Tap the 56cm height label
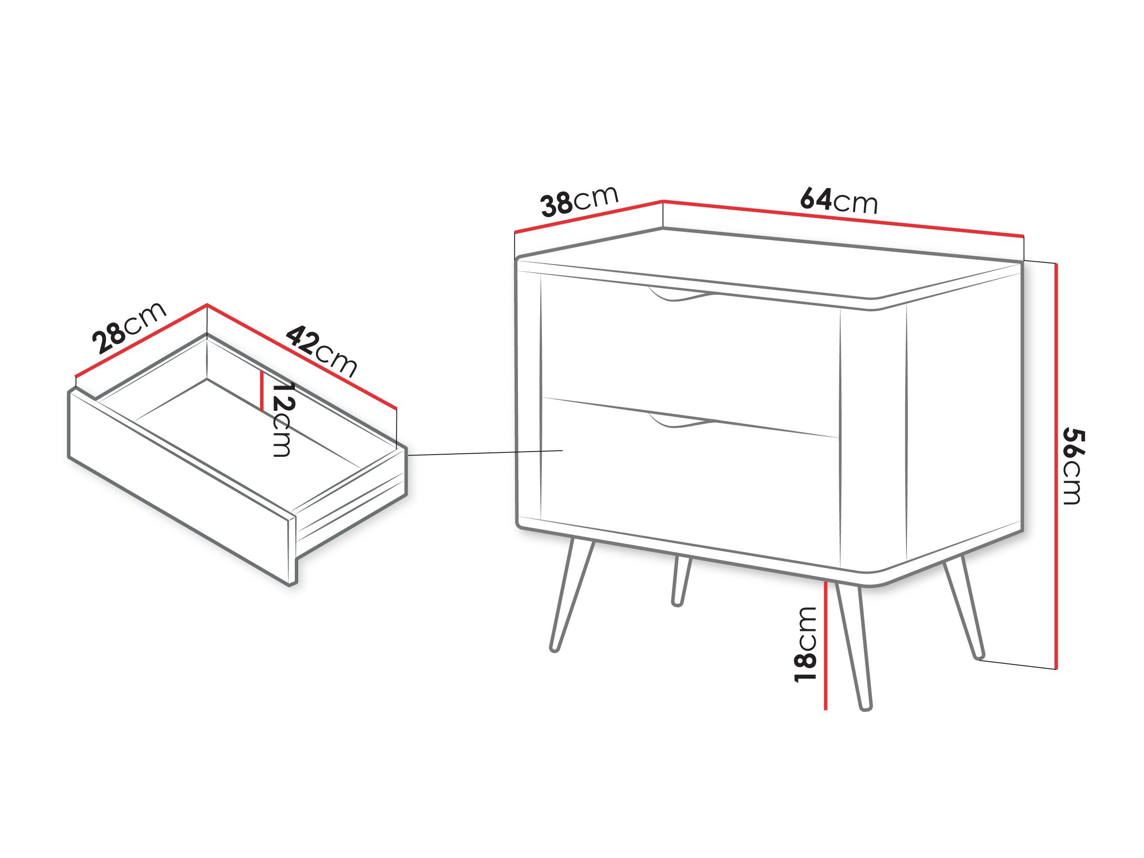tap(1073, 466)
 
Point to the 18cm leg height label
tap(805, 644)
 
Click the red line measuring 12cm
tap(263, 390)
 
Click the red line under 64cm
tap(843, 218)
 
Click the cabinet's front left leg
tap(572, 595)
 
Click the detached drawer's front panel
tap(181, 486)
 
